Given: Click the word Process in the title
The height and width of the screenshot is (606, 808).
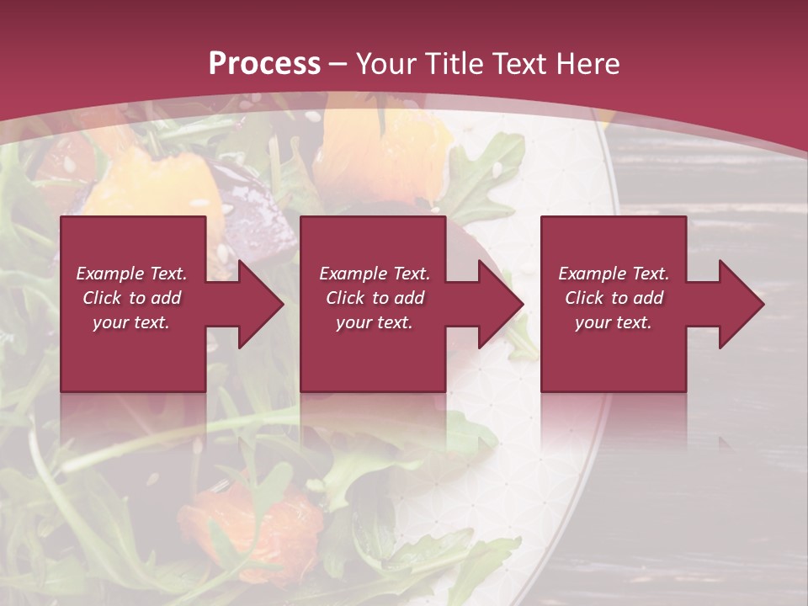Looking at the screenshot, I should tap(264, 64).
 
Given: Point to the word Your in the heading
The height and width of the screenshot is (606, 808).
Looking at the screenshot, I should tap(388, 64).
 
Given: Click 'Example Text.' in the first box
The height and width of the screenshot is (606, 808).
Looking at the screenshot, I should tap(131, 274).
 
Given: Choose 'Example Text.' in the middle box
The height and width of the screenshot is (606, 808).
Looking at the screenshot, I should tap(375, 274).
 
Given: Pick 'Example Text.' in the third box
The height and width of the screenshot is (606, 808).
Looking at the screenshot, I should tap(614, 274).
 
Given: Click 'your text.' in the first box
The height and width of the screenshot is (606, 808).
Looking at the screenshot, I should tap(131, 322).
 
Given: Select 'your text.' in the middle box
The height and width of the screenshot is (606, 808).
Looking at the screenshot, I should tap(375, 322).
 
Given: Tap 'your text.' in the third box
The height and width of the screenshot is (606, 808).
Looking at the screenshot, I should tap(614, 322).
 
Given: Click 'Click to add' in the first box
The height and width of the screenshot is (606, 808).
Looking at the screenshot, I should tap(131, 298).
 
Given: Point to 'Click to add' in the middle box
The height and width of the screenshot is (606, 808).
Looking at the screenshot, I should tap(375, 298).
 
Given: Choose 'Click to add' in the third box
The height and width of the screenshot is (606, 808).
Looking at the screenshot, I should tap(614, 298).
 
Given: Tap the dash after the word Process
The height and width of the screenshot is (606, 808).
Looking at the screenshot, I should tap(338, 65).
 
